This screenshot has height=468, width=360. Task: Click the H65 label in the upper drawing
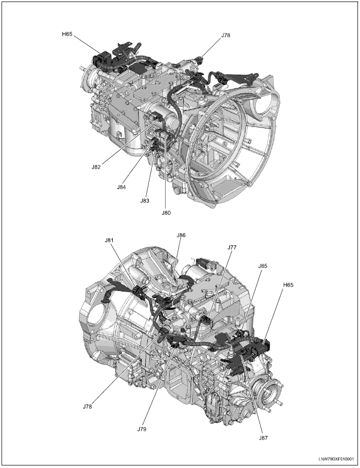(67, 34)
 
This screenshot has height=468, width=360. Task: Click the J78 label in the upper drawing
(225, 35)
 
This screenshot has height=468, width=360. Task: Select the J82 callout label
(96, 167)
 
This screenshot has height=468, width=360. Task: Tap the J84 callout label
(121, 187)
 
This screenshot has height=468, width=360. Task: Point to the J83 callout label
(145, 201)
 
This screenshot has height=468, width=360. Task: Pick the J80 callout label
(166, 213)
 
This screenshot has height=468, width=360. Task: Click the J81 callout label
(110, 240)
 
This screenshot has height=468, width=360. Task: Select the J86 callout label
(181, 235)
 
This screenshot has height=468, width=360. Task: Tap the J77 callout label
(232, 247)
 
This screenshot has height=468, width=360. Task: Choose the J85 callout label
(263, 266)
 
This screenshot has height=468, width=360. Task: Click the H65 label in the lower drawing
(288, 285)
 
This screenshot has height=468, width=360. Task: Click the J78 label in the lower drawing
(87, 407)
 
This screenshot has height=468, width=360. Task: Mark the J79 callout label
(142, 429)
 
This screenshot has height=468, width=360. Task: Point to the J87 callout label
(263, 438)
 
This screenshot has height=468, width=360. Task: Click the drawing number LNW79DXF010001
(336, 459)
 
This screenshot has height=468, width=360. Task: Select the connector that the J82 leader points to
(156, 116)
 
